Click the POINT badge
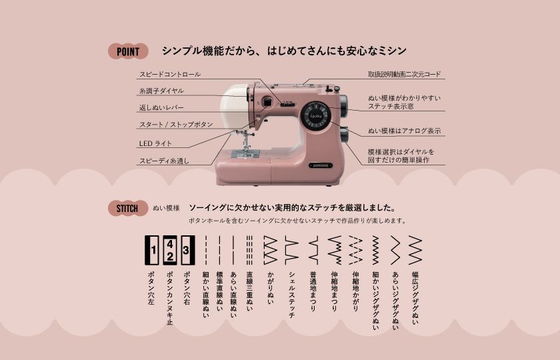click(127, 51)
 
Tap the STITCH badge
click(127, 208)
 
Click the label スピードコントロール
click(169, 74)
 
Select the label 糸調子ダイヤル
click(161, 91)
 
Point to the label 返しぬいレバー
click(161, 107)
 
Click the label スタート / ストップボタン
click(176, 125)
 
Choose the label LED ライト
click(155, 143)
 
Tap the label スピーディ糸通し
click(164, 161)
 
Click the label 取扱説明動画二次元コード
click(404, 74)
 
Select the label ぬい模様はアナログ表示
click(404, 131)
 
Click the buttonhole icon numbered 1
click(153, 250)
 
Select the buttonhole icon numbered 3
click(188, 250)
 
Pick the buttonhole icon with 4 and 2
click(170, 250)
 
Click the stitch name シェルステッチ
click(291, 294)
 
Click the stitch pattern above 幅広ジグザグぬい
click(415, 250)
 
